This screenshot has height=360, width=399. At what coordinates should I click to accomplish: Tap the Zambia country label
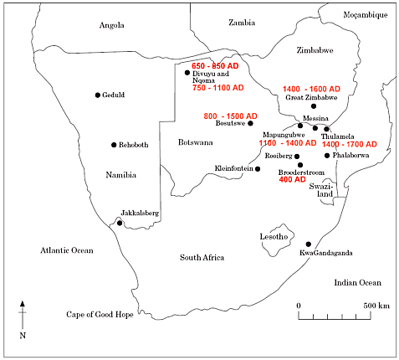(x=241, y=23)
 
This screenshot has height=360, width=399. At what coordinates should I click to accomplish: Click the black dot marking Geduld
(x=98, y=95)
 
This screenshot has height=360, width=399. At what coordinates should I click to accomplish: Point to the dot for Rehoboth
(x=114, y=145)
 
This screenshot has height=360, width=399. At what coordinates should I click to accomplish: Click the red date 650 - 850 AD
(x=217, y=65)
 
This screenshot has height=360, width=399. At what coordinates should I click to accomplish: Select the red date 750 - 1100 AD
(x=217, y=87)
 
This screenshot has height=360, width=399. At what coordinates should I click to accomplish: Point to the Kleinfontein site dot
(x=258, y=169)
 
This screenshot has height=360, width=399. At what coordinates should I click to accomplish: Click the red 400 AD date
(x=292, y=179)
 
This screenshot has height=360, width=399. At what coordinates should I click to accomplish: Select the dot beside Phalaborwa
(x=327, y=155)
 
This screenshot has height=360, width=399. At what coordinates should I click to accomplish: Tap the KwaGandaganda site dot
(x=309, y=244)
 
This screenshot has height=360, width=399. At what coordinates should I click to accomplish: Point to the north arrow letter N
(x=23, y=335)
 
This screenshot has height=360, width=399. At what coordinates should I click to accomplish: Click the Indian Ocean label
(x=356, y=283)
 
